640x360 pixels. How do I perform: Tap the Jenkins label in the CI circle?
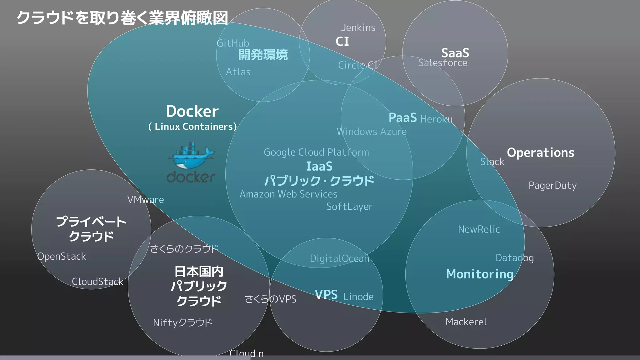358,28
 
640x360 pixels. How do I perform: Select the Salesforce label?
443,63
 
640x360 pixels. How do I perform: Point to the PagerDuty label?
552,186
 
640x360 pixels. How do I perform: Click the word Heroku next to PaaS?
436,119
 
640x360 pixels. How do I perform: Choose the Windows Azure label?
372,132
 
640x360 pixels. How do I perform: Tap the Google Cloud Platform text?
316,152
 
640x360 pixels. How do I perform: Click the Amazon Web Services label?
288,194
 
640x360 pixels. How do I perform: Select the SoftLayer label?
349,207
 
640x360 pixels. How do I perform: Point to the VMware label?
146,200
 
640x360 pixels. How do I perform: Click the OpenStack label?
62,257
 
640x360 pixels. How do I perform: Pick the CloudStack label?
97,282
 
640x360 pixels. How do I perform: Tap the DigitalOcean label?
340,258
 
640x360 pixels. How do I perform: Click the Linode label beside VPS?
358,297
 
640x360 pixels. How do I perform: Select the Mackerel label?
466,322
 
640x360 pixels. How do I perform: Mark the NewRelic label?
479,229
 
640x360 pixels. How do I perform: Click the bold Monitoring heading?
480,274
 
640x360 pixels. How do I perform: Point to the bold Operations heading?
541,153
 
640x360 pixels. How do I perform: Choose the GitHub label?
233,43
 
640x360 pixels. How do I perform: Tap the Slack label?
492,162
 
